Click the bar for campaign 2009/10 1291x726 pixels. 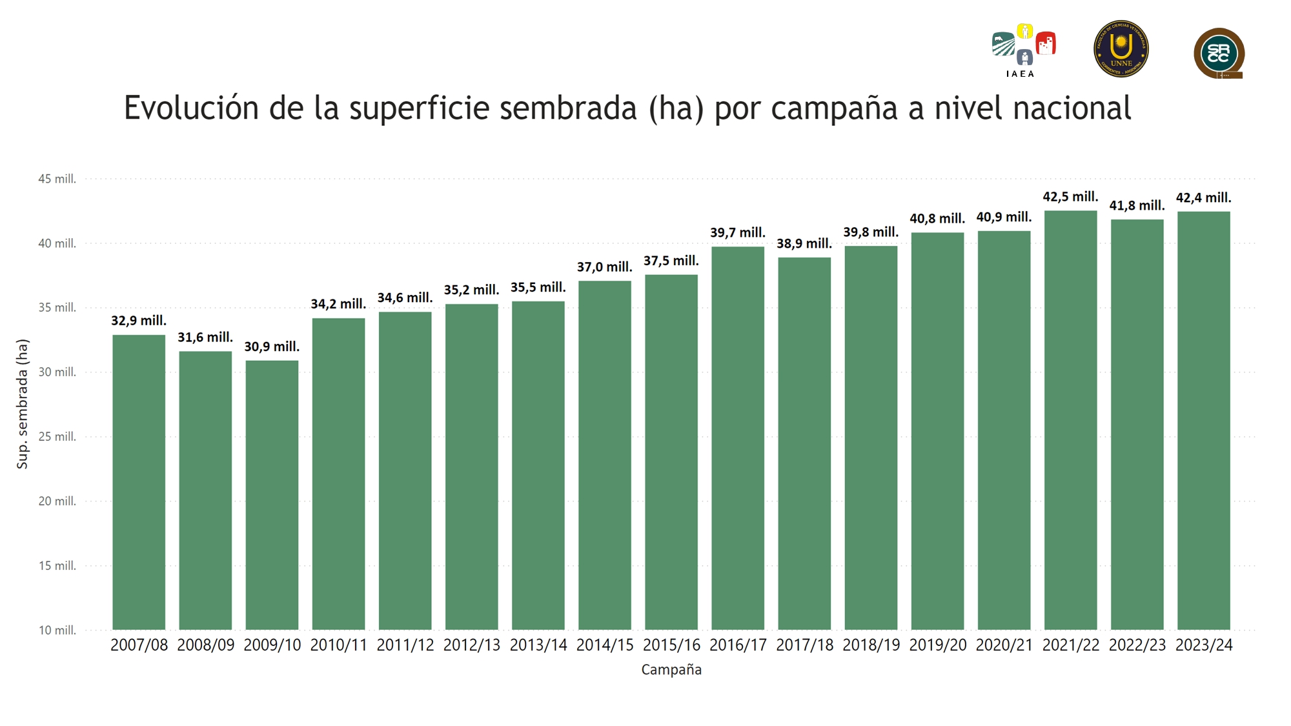(272, 495)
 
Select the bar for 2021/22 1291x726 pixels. (1070, 420)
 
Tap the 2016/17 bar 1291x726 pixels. (738, 438)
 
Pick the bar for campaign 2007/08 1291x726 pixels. (139, 482)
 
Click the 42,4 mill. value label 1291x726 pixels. (1203, 197)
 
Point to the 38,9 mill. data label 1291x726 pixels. (804, 243)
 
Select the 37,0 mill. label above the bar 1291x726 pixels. (604, 267)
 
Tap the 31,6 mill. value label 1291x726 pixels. (205, 337)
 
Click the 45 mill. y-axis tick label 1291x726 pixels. (57, 179)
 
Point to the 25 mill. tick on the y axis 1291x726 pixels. (57, 437)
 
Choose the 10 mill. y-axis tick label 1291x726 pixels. (57, 630)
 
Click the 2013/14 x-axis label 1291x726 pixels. (538, 645)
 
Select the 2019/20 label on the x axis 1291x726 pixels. (937, 645)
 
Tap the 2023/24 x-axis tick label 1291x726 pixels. (1204, 645)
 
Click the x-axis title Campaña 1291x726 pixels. (671, 670)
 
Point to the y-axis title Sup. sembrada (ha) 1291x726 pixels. (23, 404)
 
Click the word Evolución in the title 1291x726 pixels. (191, 108)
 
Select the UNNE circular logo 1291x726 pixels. (1121, 49)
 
